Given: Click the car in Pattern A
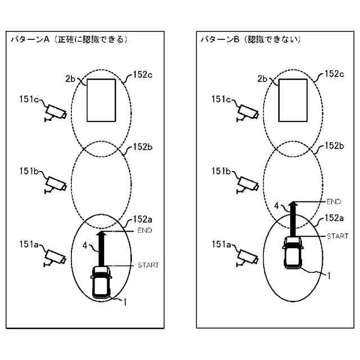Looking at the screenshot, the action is (101, 282).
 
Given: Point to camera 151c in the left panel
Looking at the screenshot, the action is (56, 111).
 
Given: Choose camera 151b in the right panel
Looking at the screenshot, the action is (247, 183).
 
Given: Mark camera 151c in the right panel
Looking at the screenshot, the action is (247, 111).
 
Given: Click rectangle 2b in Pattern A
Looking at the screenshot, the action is (101, 100).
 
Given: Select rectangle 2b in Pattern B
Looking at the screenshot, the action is (293, 100).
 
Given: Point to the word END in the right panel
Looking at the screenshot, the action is (334, 201).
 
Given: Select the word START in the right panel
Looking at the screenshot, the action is (337, 236).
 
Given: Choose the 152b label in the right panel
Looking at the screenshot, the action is (335, 146).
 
